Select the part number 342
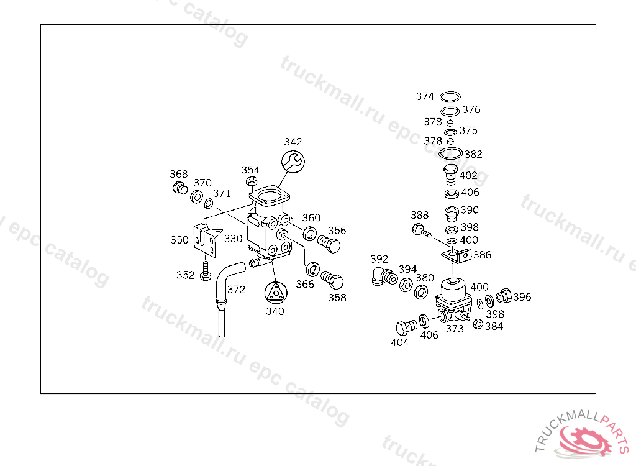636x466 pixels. pos(293,142)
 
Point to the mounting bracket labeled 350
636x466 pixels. pos(207,240)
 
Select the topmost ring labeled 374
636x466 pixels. pos(450,97)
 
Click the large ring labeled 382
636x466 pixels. pos(450,153)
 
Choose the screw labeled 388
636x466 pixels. pos(421,232)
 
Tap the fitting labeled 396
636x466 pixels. pos(504,296)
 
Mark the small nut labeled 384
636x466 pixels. pos(478,324)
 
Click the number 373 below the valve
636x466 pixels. pos(455,329)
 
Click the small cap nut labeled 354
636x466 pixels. pos(252,181)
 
